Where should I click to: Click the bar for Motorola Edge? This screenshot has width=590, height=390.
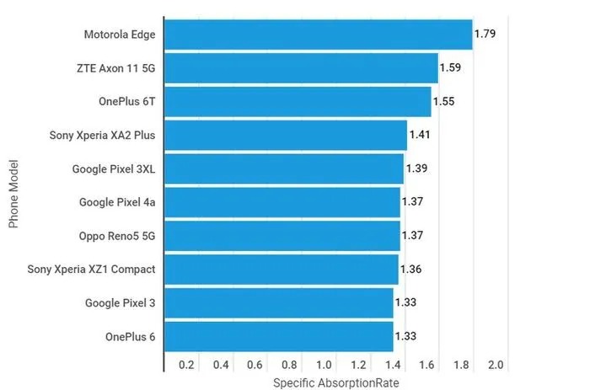click(318, 35)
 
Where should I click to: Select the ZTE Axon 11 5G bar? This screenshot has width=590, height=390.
click(301, 68)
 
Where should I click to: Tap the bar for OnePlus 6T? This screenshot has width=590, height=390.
click(298, 101)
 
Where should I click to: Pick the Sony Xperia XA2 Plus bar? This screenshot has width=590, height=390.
click(286, 135)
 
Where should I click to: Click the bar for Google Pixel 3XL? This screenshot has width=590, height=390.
click(284, 168)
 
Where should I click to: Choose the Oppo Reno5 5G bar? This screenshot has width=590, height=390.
click(282, 235)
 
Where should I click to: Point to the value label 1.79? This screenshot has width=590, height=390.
click(485, 35)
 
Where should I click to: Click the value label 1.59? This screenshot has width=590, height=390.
click(451, 68)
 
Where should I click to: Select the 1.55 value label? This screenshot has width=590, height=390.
click(444, 101)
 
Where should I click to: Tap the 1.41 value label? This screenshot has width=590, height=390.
click(420, 135)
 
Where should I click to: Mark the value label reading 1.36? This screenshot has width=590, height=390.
click(411, 269)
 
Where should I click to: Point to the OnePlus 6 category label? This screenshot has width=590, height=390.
click(131, 336)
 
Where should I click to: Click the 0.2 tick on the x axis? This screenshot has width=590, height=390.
click(186, 365)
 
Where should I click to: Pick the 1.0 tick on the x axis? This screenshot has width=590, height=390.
click(324, 365)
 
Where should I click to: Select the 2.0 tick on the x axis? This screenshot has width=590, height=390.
click(496, 365)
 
